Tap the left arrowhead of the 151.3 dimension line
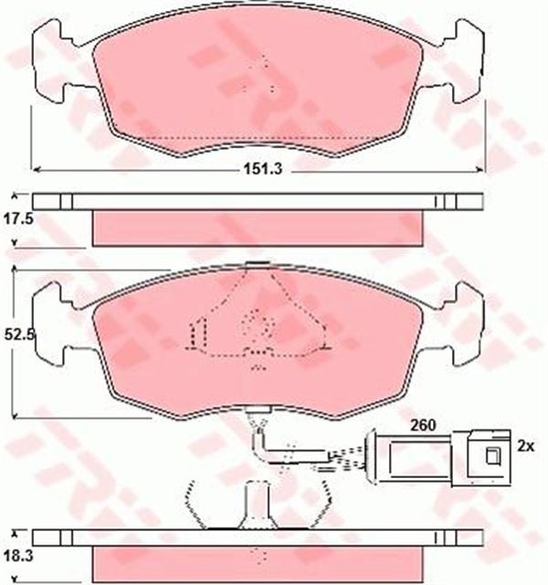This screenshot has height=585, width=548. [36, 169]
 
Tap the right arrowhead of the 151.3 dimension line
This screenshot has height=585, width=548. [481, 169]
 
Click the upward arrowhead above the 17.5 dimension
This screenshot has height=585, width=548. [15, 195]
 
